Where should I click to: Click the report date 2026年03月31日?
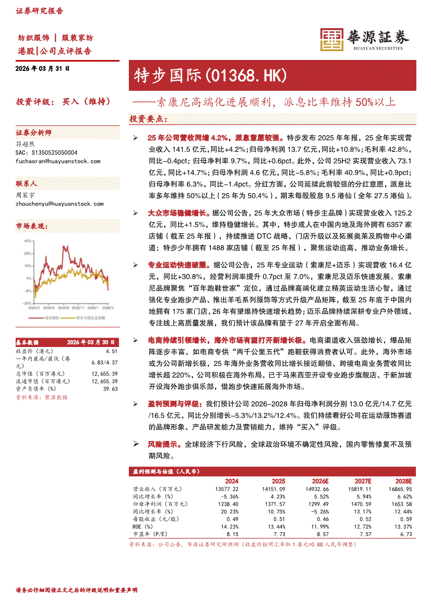(x=42, y=68)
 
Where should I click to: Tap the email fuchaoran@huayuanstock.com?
(x=58, y=161)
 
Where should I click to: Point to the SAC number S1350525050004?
(x=46, y=152)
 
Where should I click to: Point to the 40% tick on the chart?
(x=27, y=241)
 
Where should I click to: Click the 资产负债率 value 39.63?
(x=110, y=389)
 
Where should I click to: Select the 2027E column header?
(x=363, y=481)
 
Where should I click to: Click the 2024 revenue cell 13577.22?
(x=226, y=489)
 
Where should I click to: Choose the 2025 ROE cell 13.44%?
(x=275, y=527)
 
